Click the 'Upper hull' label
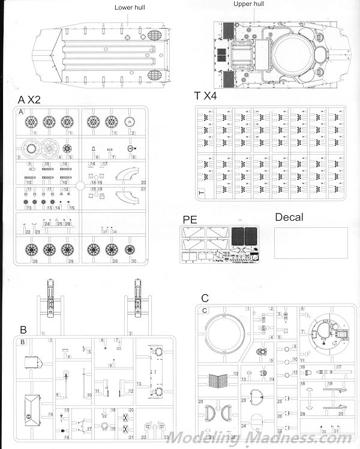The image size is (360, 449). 250,4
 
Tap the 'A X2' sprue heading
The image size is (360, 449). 30,99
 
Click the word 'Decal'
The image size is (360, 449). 289,217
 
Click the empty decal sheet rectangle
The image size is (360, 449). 311,243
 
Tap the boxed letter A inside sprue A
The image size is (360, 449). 21,112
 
